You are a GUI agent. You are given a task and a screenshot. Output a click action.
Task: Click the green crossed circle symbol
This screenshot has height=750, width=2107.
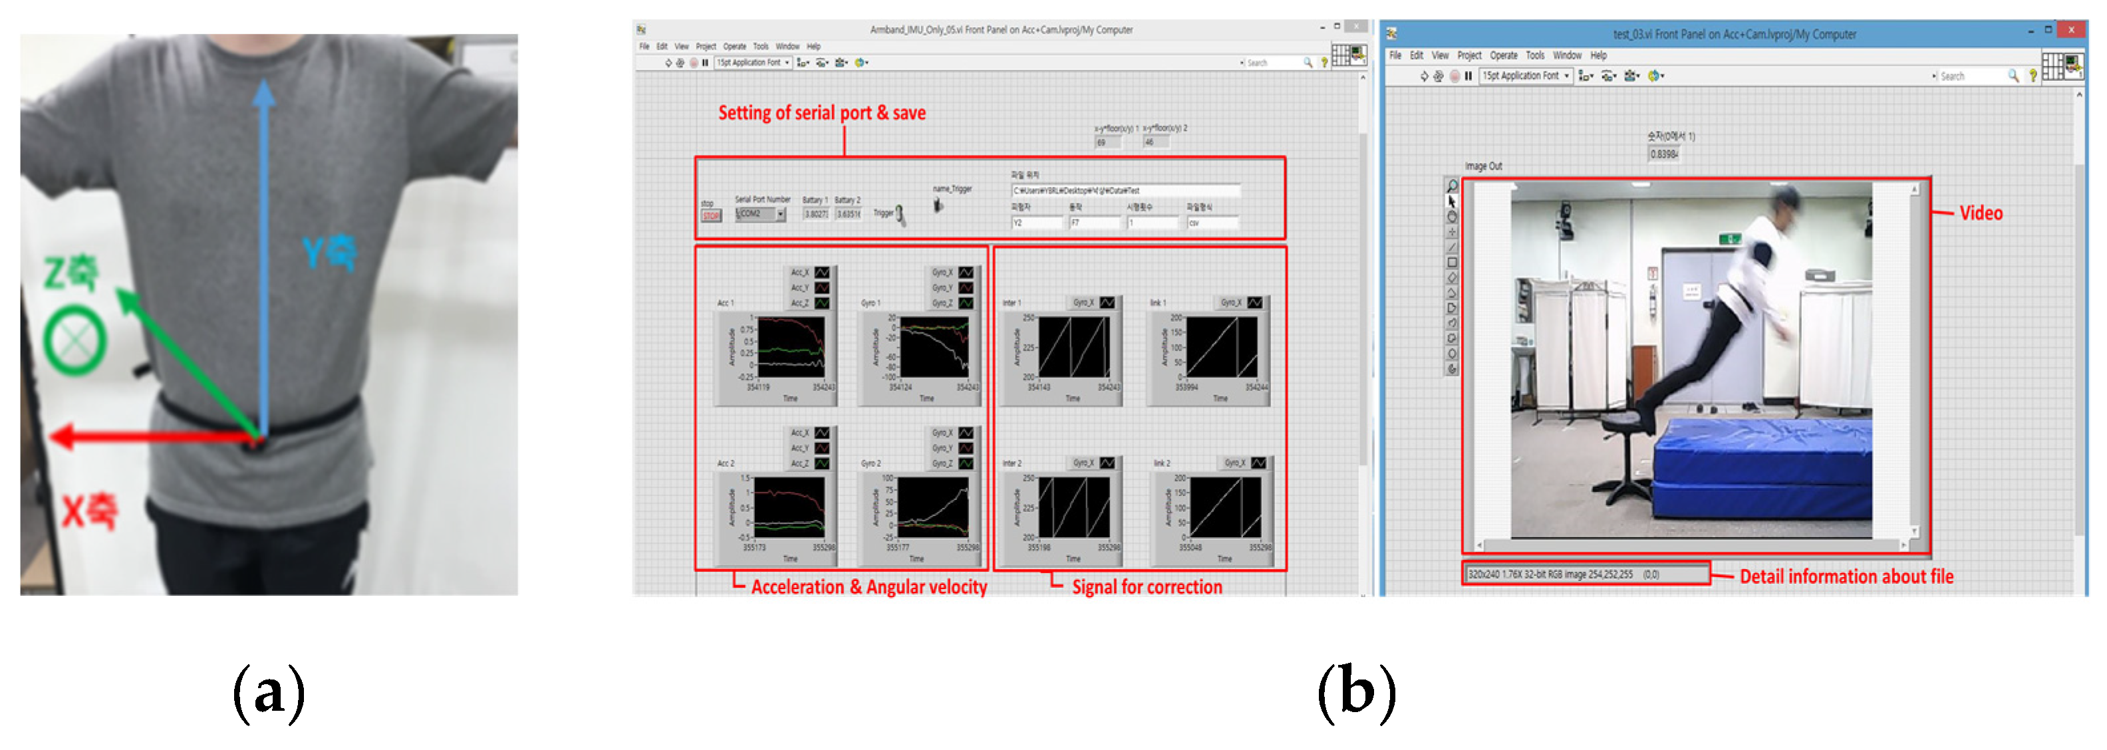(74, 340)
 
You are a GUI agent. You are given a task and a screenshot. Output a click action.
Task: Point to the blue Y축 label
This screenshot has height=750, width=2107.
(329, 252)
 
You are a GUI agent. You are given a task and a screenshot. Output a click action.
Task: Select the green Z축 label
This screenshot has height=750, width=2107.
(71, 273)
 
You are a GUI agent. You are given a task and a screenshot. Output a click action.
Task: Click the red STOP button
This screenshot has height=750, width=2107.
(711, 216)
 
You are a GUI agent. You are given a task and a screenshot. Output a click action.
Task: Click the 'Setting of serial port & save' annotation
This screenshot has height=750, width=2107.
(821, 113)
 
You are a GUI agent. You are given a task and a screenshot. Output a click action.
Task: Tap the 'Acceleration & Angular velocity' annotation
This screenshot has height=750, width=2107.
(869, 586)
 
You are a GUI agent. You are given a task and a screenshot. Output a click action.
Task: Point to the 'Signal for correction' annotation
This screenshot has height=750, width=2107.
(1147, 586)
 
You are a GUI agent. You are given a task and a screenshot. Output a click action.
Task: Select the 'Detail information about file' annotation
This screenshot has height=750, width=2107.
(1846, 576)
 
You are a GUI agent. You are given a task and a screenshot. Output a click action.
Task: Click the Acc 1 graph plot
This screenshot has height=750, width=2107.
(789, 347)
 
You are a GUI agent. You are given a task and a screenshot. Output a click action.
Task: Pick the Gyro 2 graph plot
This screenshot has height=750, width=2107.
(932, 507)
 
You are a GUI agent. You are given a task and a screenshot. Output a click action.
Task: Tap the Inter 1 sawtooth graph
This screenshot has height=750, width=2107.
(1074, 347)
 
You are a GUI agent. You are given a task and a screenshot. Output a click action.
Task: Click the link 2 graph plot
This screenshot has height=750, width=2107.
(1224, 507)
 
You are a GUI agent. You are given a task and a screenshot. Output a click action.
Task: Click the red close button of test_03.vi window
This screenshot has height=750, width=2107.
(2070, 31)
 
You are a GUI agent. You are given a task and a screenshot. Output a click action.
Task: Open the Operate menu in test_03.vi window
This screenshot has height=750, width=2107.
(1503, 56)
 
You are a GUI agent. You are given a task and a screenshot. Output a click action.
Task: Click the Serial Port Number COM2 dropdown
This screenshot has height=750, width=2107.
(760, 214)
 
